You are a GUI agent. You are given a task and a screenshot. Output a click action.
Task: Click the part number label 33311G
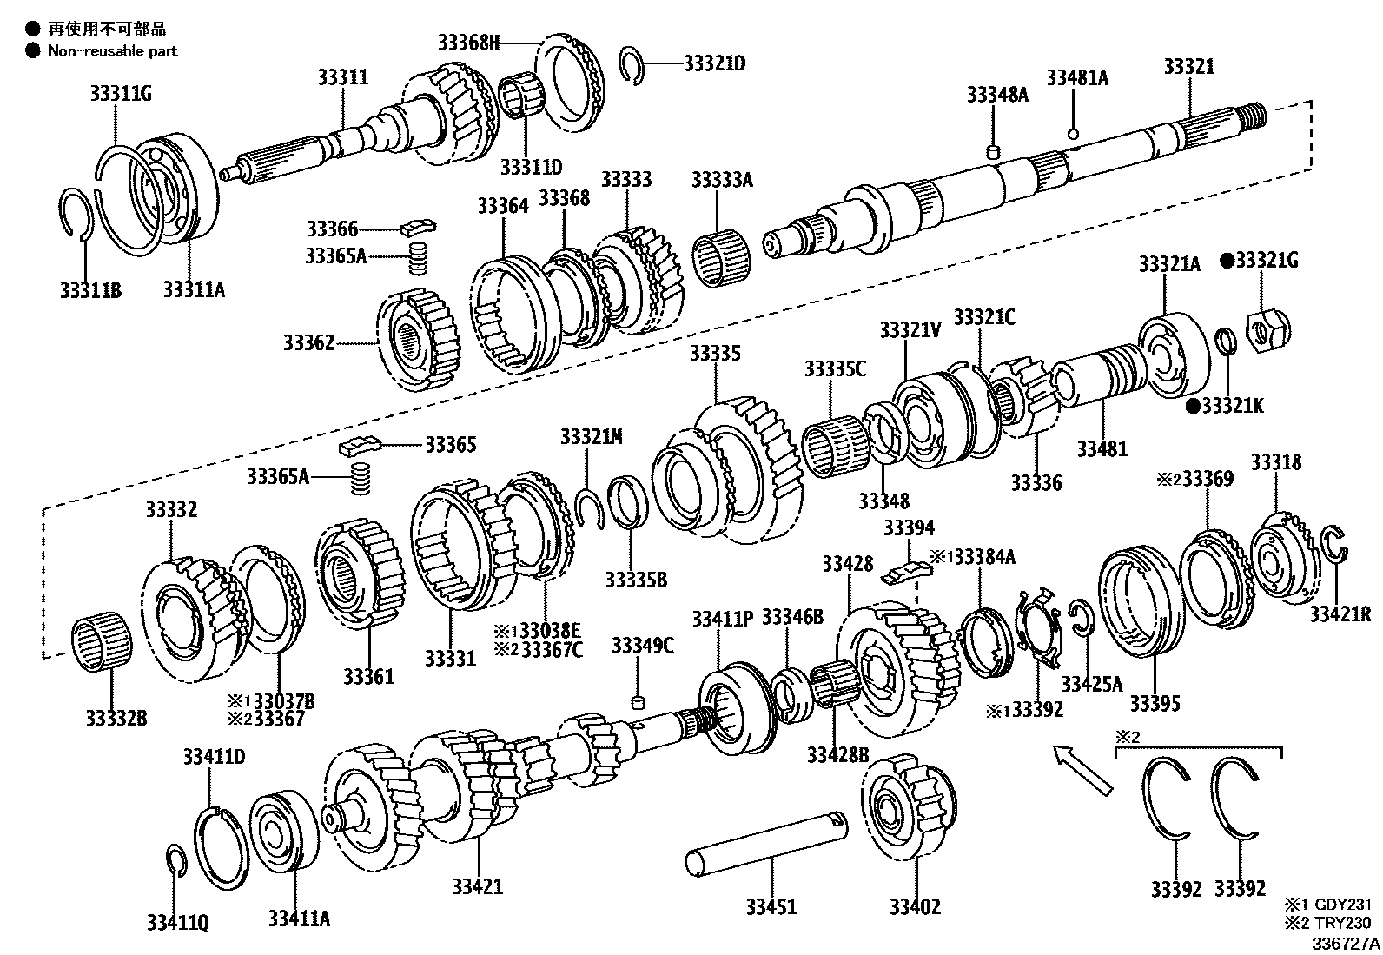click(120, 92)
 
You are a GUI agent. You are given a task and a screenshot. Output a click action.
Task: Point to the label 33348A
click(996, 95)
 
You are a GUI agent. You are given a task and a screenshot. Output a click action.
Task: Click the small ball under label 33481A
click(1074, 134)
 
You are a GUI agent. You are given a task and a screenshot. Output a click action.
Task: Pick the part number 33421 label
click(477, 886)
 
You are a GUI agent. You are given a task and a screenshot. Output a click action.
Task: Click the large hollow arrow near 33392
click(1081, 768)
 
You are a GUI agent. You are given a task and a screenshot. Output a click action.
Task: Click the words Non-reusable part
click(112, 50)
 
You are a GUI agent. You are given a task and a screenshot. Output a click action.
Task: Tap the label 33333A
click(721, 179)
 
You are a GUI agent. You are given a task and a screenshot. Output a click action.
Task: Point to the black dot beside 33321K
click(1194, 405)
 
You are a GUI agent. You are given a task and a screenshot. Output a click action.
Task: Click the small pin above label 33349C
click(638, 700)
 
